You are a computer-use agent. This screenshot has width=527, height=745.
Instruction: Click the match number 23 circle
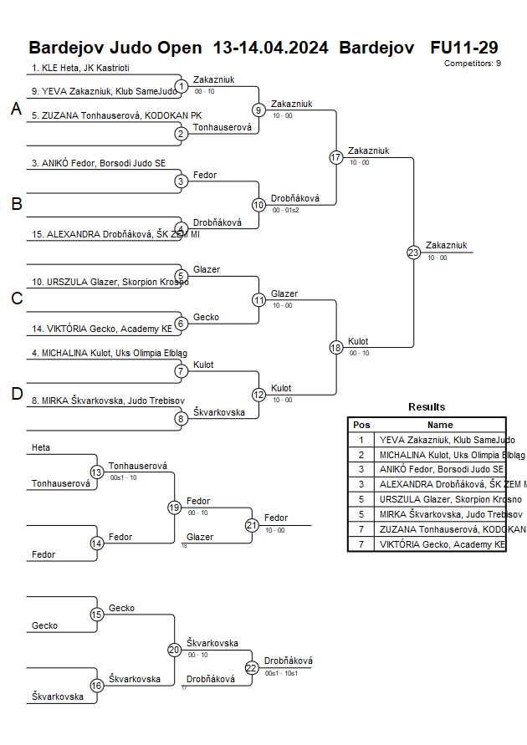coord(413,252)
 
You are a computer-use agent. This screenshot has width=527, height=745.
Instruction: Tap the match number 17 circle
coord(336,157)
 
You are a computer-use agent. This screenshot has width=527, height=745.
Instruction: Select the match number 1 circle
coord(182,85)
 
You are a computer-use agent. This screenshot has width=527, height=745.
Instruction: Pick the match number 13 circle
coord(97,472)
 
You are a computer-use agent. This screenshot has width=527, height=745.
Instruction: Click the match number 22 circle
coord(251,667)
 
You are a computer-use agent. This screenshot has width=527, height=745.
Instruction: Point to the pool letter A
coord(16,109)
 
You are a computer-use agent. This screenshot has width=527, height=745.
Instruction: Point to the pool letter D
coord(16,394)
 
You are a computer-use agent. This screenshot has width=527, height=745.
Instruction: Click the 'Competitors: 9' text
coord(472,63)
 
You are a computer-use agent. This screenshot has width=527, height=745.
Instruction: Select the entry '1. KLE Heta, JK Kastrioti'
coord(80,68)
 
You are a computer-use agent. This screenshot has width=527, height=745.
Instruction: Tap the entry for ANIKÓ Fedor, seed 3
coord(99,164)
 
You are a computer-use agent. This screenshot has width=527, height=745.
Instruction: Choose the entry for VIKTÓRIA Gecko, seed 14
coord(102,329)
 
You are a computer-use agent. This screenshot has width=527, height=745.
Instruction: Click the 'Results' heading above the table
coord(427,407)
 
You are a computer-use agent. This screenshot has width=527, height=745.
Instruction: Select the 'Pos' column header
coord(361,425)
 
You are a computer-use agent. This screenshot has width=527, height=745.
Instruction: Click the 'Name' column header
coord(440,425)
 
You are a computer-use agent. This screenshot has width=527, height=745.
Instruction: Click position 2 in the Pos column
coord(361,455)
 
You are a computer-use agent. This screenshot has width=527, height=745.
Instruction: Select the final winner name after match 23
coord(446,245)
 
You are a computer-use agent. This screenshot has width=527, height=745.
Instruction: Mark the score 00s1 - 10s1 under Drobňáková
coord(281,673)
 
